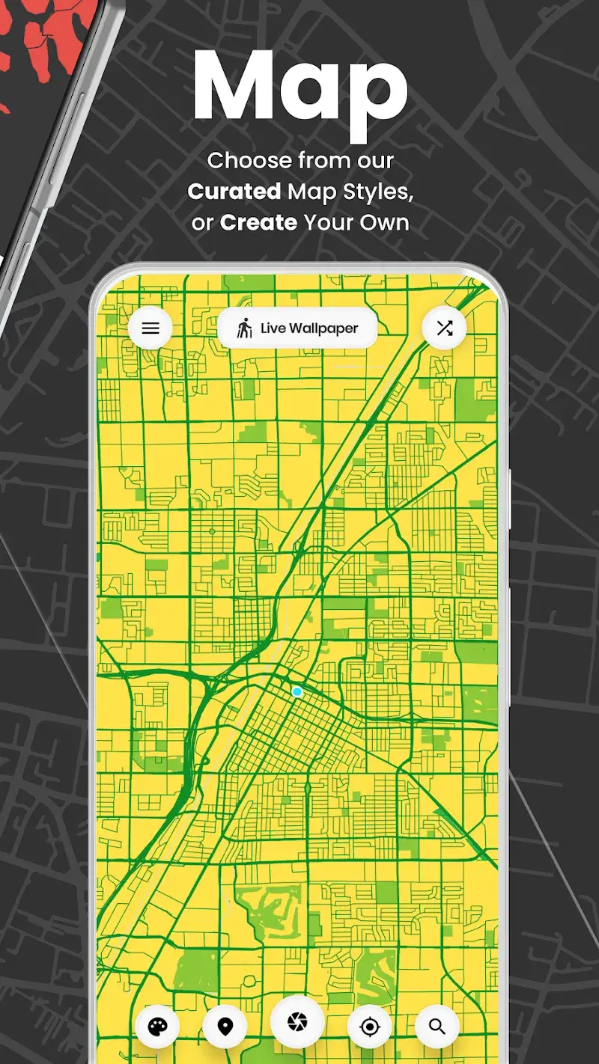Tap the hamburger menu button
[x=150, y=328]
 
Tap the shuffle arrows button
[x=445, y=328]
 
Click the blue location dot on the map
[x=297, y=692]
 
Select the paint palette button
[x=157, y=1027]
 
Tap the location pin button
[x=225, y=1027]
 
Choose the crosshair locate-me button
[x=370, y=1027]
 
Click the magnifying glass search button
[x=437, y=1027]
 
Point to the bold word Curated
[x=234, y=192]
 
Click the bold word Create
[x=258, y=223]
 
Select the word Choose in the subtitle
[x=249, y=160]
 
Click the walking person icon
[x=245, y=328]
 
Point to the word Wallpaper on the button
[x=324, y=328]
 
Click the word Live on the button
[x=273, y=328]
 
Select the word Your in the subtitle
[x=331, y=223]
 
